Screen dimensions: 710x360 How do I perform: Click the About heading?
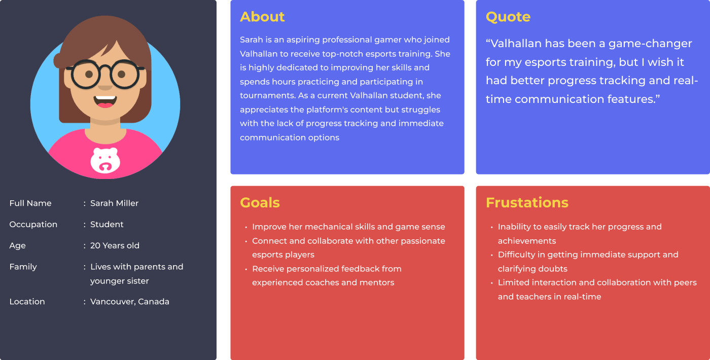[x=262, y=17]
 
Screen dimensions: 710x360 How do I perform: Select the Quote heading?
[x=508, y=17]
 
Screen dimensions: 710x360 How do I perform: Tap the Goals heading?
[x=260, y=203]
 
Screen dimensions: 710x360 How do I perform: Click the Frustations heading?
[x=527, y=203]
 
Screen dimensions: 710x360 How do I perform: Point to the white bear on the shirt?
[x=105, y=160]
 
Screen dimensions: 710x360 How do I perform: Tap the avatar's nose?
[x=105, y=87]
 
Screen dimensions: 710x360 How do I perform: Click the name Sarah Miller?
[x=115, y=203]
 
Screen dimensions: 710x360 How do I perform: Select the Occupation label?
[x=33, y=224]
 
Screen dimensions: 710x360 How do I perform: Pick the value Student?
[x=107, y=224]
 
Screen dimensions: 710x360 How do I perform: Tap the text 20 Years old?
[x=115, y=245]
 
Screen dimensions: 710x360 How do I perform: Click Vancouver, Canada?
[x=130, y=302]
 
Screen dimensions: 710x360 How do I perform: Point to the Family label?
[x=23, y=267]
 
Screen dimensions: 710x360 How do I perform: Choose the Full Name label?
[x=30, y=203]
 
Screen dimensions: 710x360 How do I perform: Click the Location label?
[x=27, y=302]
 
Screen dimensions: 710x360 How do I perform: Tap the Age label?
[x=17, y=246]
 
